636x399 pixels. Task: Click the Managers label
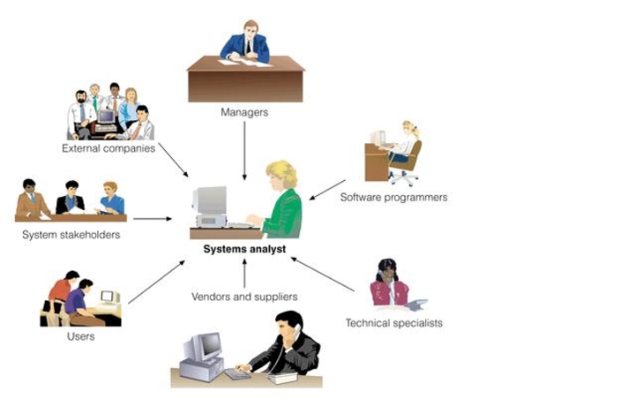pos(244,113)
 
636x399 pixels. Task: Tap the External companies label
pos(108,148)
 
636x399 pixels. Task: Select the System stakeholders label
pos(71,235)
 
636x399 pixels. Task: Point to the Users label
pos(80,336)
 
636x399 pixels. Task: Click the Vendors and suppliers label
pos(244,297)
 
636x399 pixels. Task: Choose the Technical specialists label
pos(393,323)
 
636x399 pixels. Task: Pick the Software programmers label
pos(393,198)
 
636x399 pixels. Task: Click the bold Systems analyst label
pos(244,249)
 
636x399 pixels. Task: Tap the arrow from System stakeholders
pos(152,218)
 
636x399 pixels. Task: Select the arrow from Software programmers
pos(327,190)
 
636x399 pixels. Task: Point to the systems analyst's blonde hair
pos(284,171)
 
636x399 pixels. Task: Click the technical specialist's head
pos(386,270)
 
